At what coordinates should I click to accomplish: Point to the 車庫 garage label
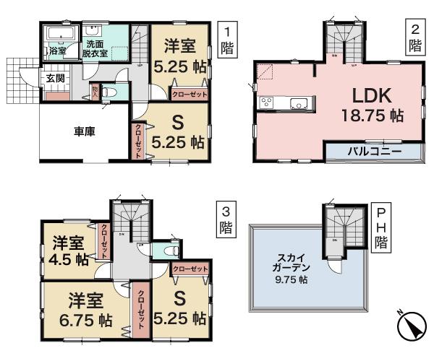point(85,131)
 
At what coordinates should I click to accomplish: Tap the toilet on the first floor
point(107,93)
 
